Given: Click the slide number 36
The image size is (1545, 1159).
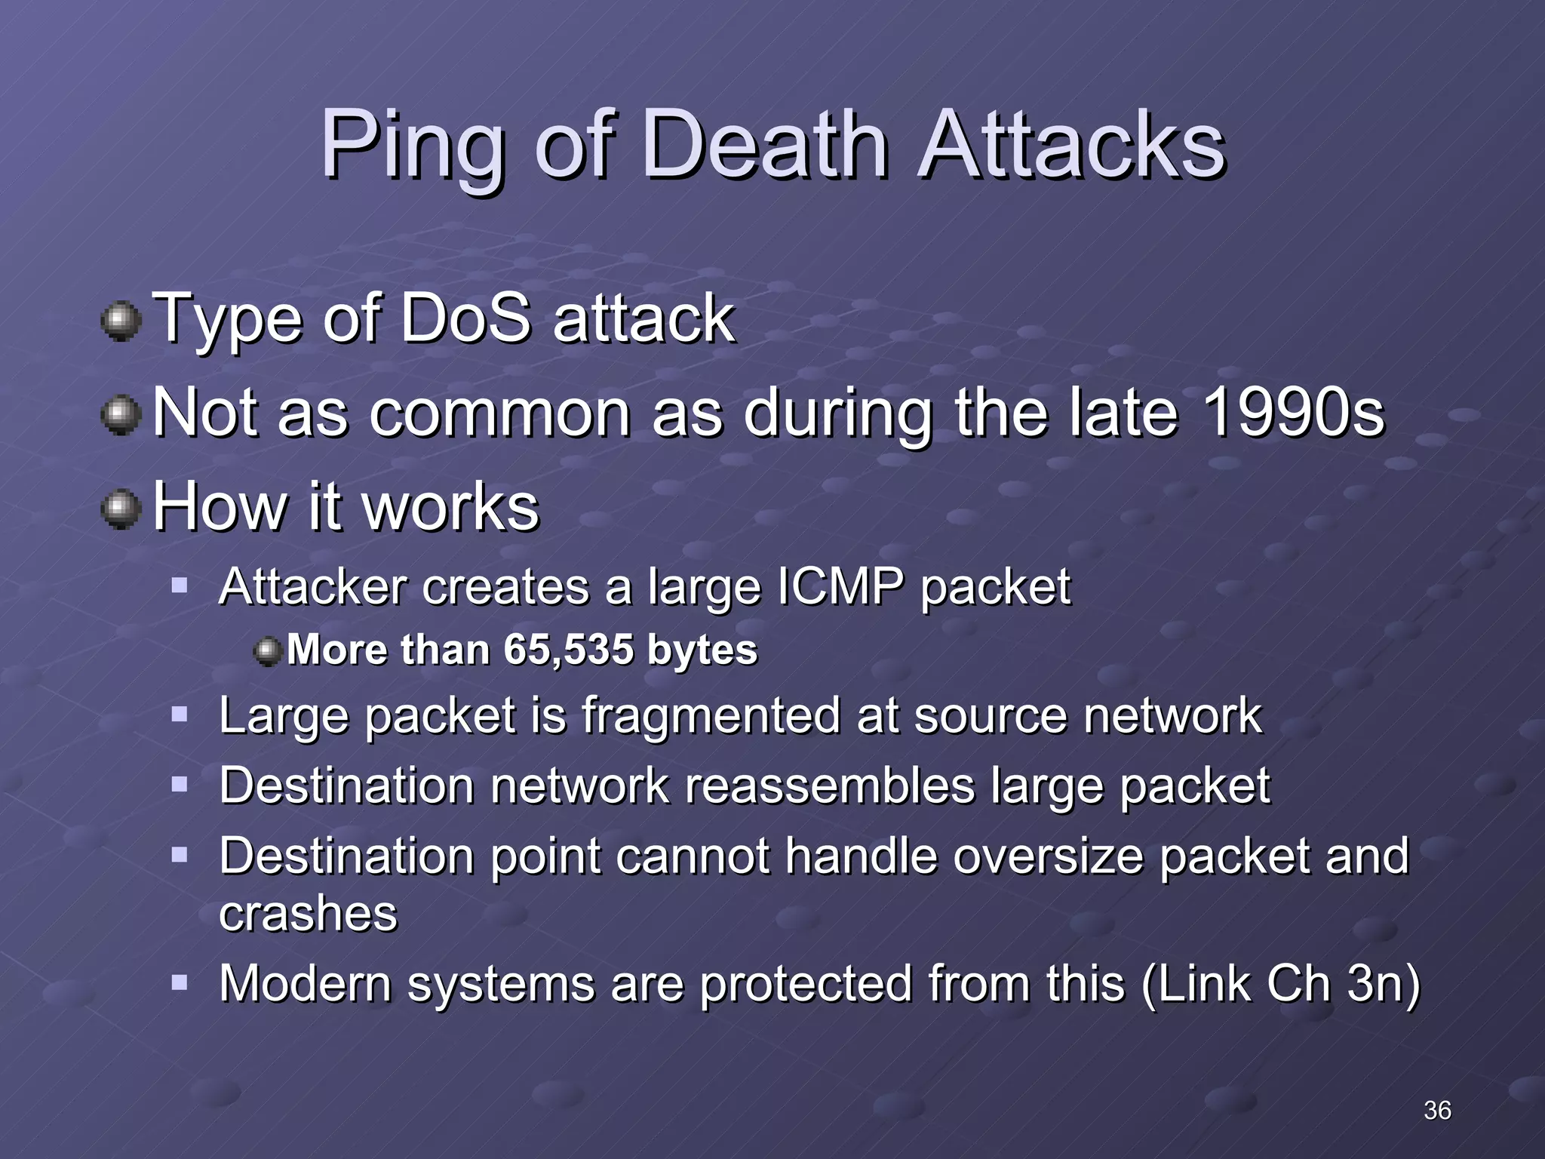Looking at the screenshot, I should (x=1437, y=1110).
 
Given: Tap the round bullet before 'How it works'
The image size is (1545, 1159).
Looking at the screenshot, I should (x=121, y=509).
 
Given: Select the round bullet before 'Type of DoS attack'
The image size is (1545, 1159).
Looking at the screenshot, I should (x=121, y=322).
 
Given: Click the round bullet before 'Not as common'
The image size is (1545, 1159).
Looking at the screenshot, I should (x=121, y=416).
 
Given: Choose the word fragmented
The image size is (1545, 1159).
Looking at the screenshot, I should (x=711, y=715).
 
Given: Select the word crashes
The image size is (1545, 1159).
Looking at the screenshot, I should (x=308, y=914).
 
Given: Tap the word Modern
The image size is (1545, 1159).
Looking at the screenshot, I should (x=305, y=983).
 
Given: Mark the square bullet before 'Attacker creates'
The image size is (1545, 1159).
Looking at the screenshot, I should (x=180, y=585).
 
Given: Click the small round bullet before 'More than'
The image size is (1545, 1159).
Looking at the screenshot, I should (x=268, y=650).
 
